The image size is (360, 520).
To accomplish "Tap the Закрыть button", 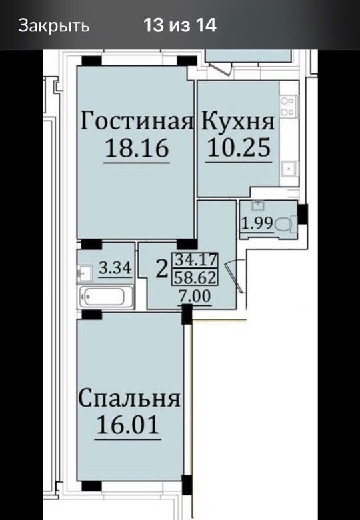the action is click(x=54, y=25).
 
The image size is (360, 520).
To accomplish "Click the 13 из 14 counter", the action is click(x=180, y=25).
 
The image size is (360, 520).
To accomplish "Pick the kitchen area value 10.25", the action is click(x=239, y=147).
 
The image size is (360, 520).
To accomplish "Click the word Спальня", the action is click(x=129, y=397).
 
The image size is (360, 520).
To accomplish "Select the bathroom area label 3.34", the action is click(x=116, y=267).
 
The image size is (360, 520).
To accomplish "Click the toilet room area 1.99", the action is click(x=257, y=223).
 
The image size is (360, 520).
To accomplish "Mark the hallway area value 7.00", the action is click(x=195, y=295).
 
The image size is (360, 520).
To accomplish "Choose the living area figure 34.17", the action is click(x=195, y=259).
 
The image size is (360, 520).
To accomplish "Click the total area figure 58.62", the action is click(x=195, y=277).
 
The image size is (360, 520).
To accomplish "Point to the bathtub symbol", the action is click(x=106, y=297).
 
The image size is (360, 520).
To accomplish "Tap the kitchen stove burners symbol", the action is click(x=289, y=106).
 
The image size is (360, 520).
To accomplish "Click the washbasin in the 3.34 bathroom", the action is click(x=84, y=273).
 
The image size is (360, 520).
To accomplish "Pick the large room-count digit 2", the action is click(x=162, y=269).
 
